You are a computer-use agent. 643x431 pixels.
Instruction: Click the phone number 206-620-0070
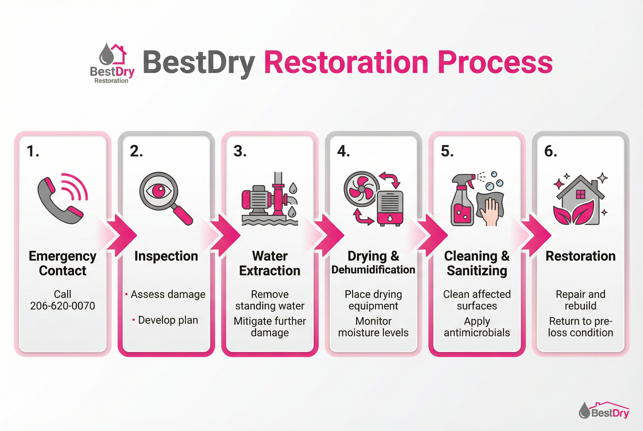pyautogui.click(x=63, y=306)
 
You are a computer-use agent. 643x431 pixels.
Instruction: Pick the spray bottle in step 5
pyautogui.click(x=462, y=201)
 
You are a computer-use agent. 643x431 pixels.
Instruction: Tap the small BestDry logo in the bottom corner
pyautogui.click(x=604, y=411)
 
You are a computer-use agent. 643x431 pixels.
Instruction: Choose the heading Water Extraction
pyautogui.click(x=270, y=263)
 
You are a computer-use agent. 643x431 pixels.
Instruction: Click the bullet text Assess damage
pyautogui.click(x=168, y=294)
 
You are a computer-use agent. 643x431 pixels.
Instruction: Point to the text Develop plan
pyautogui.click(x=168, y=320)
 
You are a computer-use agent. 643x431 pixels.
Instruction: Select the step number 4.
pyautogui.click(x=343, y=151)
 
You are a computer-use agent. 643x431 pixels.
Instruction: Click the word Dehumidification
pyautogui.click(x=373, y=270)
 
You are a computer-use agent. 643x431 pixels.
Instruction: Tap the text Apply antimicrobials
pyautogui.click(x=477, y=327)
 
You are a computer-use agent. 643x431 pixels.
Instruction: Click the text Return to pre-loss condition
pyautogui.click(x=580, y=327)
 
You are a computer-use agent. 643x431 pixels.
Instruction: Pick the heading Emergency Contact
pyautogui.click(x=63, y=263)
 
